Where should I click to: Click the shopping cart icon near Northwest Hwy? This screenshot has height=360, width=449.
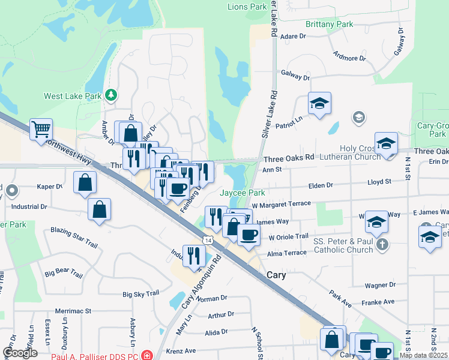(x=41, y=129)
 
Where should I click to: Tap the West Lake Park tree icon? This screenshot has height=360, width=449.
(x=110, y=95)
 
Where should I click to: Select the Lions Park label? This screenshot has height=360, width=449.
(x=247, y=7)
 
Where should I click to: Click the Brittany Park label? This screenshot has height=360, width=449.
(x=329, y=24)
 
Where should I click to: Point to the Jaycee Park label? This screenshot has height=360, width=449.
(x=242, y=193)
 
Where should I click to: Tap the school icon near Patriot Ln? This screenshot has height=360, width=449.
(x=320, y=103)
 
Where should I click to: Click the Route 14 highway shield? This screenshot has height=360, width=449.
(x=207, y=240)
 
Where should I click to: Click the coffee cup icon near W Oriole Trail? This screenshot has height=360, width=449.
(x=249, y=234)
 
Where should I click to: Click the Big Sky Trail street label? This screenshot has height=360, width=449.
(x=140, y=294)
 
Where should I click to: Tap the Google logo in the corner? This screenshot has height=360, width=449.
(x=20, y=353)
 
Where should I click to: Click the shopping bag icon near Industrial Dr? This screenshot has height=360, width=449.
(x=100, y=209)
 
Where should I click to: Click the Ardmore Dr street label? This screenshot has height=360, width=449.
(x=349, y=58)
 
